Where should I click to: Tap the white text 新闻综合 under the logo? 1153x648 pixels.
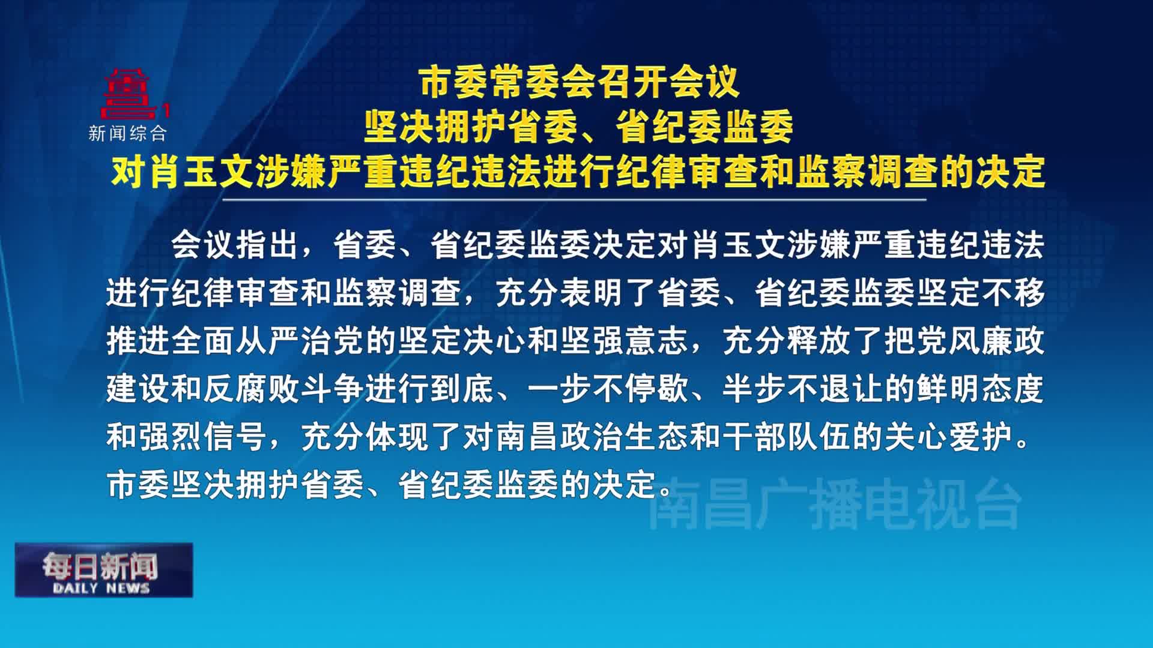(x=127, y=133)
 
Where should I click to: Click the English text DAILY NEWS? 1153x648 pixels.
(x=101, y=588)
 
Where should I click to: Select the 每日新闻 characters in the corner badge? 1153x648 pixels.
(x=100, y=566)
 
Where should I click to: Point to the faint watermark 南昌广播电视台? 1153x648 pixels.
(x=835, y=504)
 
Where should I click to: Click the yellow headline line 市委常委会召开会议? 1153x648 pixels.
(x=580, y=82)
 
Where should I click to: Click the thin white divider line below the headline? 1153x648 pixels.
(x=574, y=199)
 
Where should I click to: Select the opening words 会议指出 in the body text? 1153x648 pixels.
(x=235, y=244)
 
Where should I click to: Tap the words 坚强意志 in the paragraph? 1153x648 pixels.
(x=624, y=341)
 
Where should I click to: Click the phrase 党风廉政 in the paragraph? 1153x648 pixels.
(x=981, y=341)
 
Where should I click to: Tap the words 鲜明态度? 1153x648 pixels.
(x=981, y=389)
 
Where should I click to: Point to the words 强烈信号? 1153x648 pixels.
(x=202, y=437)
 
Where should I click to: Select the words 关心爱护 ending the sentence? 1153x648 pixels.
(x=948, y=437)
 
